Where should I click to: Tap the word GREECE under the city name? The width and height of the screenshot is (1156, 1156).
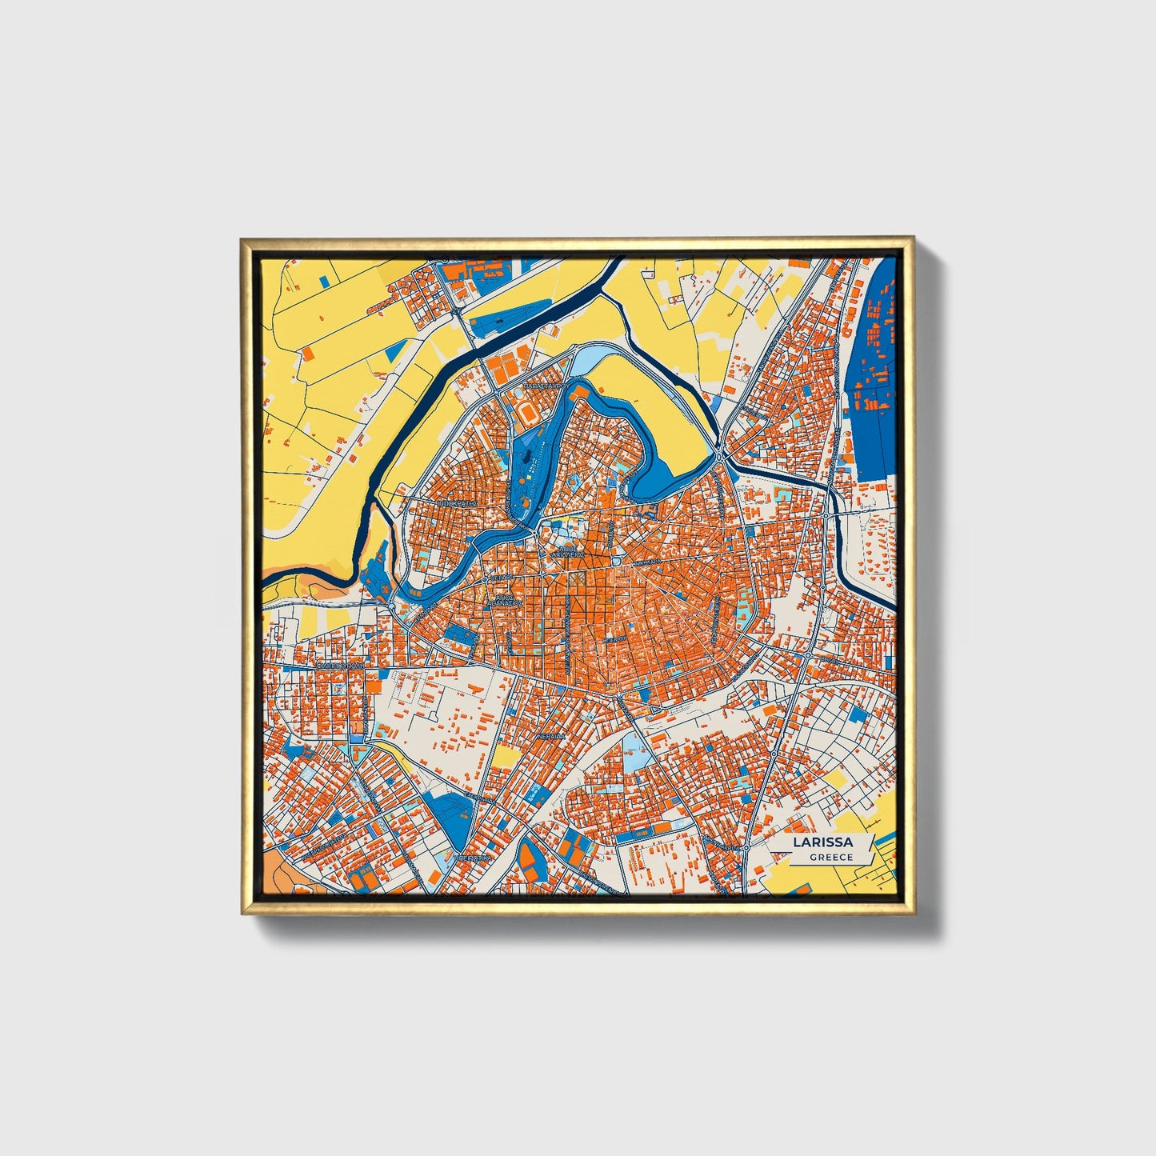830,857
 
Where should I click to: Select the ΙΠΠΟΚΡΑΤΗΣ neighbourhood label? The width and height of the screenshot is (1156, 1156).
459,503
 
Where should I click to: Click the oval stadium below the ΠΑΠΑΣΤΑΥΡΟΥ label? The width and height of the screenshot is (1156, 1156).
529,413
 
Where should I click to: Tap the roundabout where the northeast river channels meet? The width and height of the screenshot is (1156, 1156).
723,457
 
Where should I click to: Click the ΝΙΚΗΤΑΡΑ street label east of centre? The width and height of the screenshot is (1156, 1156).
646,562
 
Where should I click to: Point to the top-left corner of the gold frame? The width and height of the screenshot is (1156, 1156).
242,238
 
